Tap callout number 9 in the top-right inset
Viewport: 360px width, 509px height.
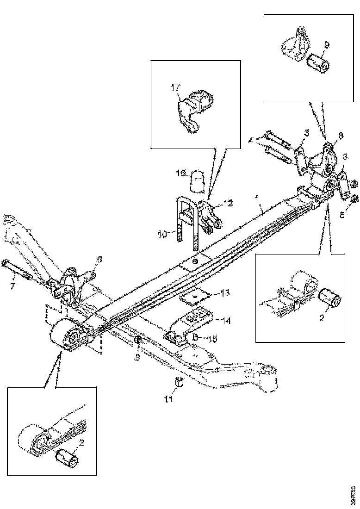click(x=327, y=45)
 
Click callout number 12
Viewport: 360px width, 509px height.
click(x=228, y=202)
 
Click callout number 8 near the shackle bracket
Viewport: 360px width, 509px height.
click(x=341, y=136)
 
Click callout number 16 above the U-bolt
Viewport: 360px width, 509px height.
click(x=181, y=173)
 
